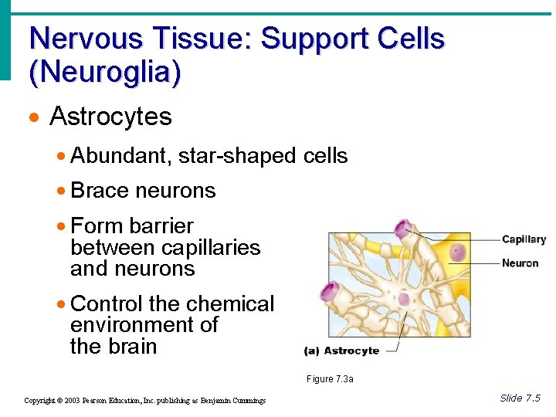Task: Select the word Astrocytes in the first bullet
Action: (110, 117)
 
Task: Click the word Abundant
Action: (120, 156)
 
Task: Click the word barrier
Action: (161, 226)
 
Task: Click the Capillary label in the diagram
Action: (524, 239)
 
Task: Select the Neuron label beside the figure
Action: (520, 263)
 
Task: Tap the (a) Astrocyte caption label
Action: (341, 351)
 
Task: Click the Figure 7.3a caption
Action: (330, 379)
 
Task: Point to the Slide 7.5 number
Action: (520, 398)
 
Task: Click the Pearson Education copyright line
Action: (144, 401)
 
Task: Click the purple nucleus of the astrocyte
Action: (404, 298)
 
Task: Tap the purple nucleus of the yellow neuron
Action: (459, 252)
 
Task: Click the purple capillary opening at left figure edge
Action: (331, 292)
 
